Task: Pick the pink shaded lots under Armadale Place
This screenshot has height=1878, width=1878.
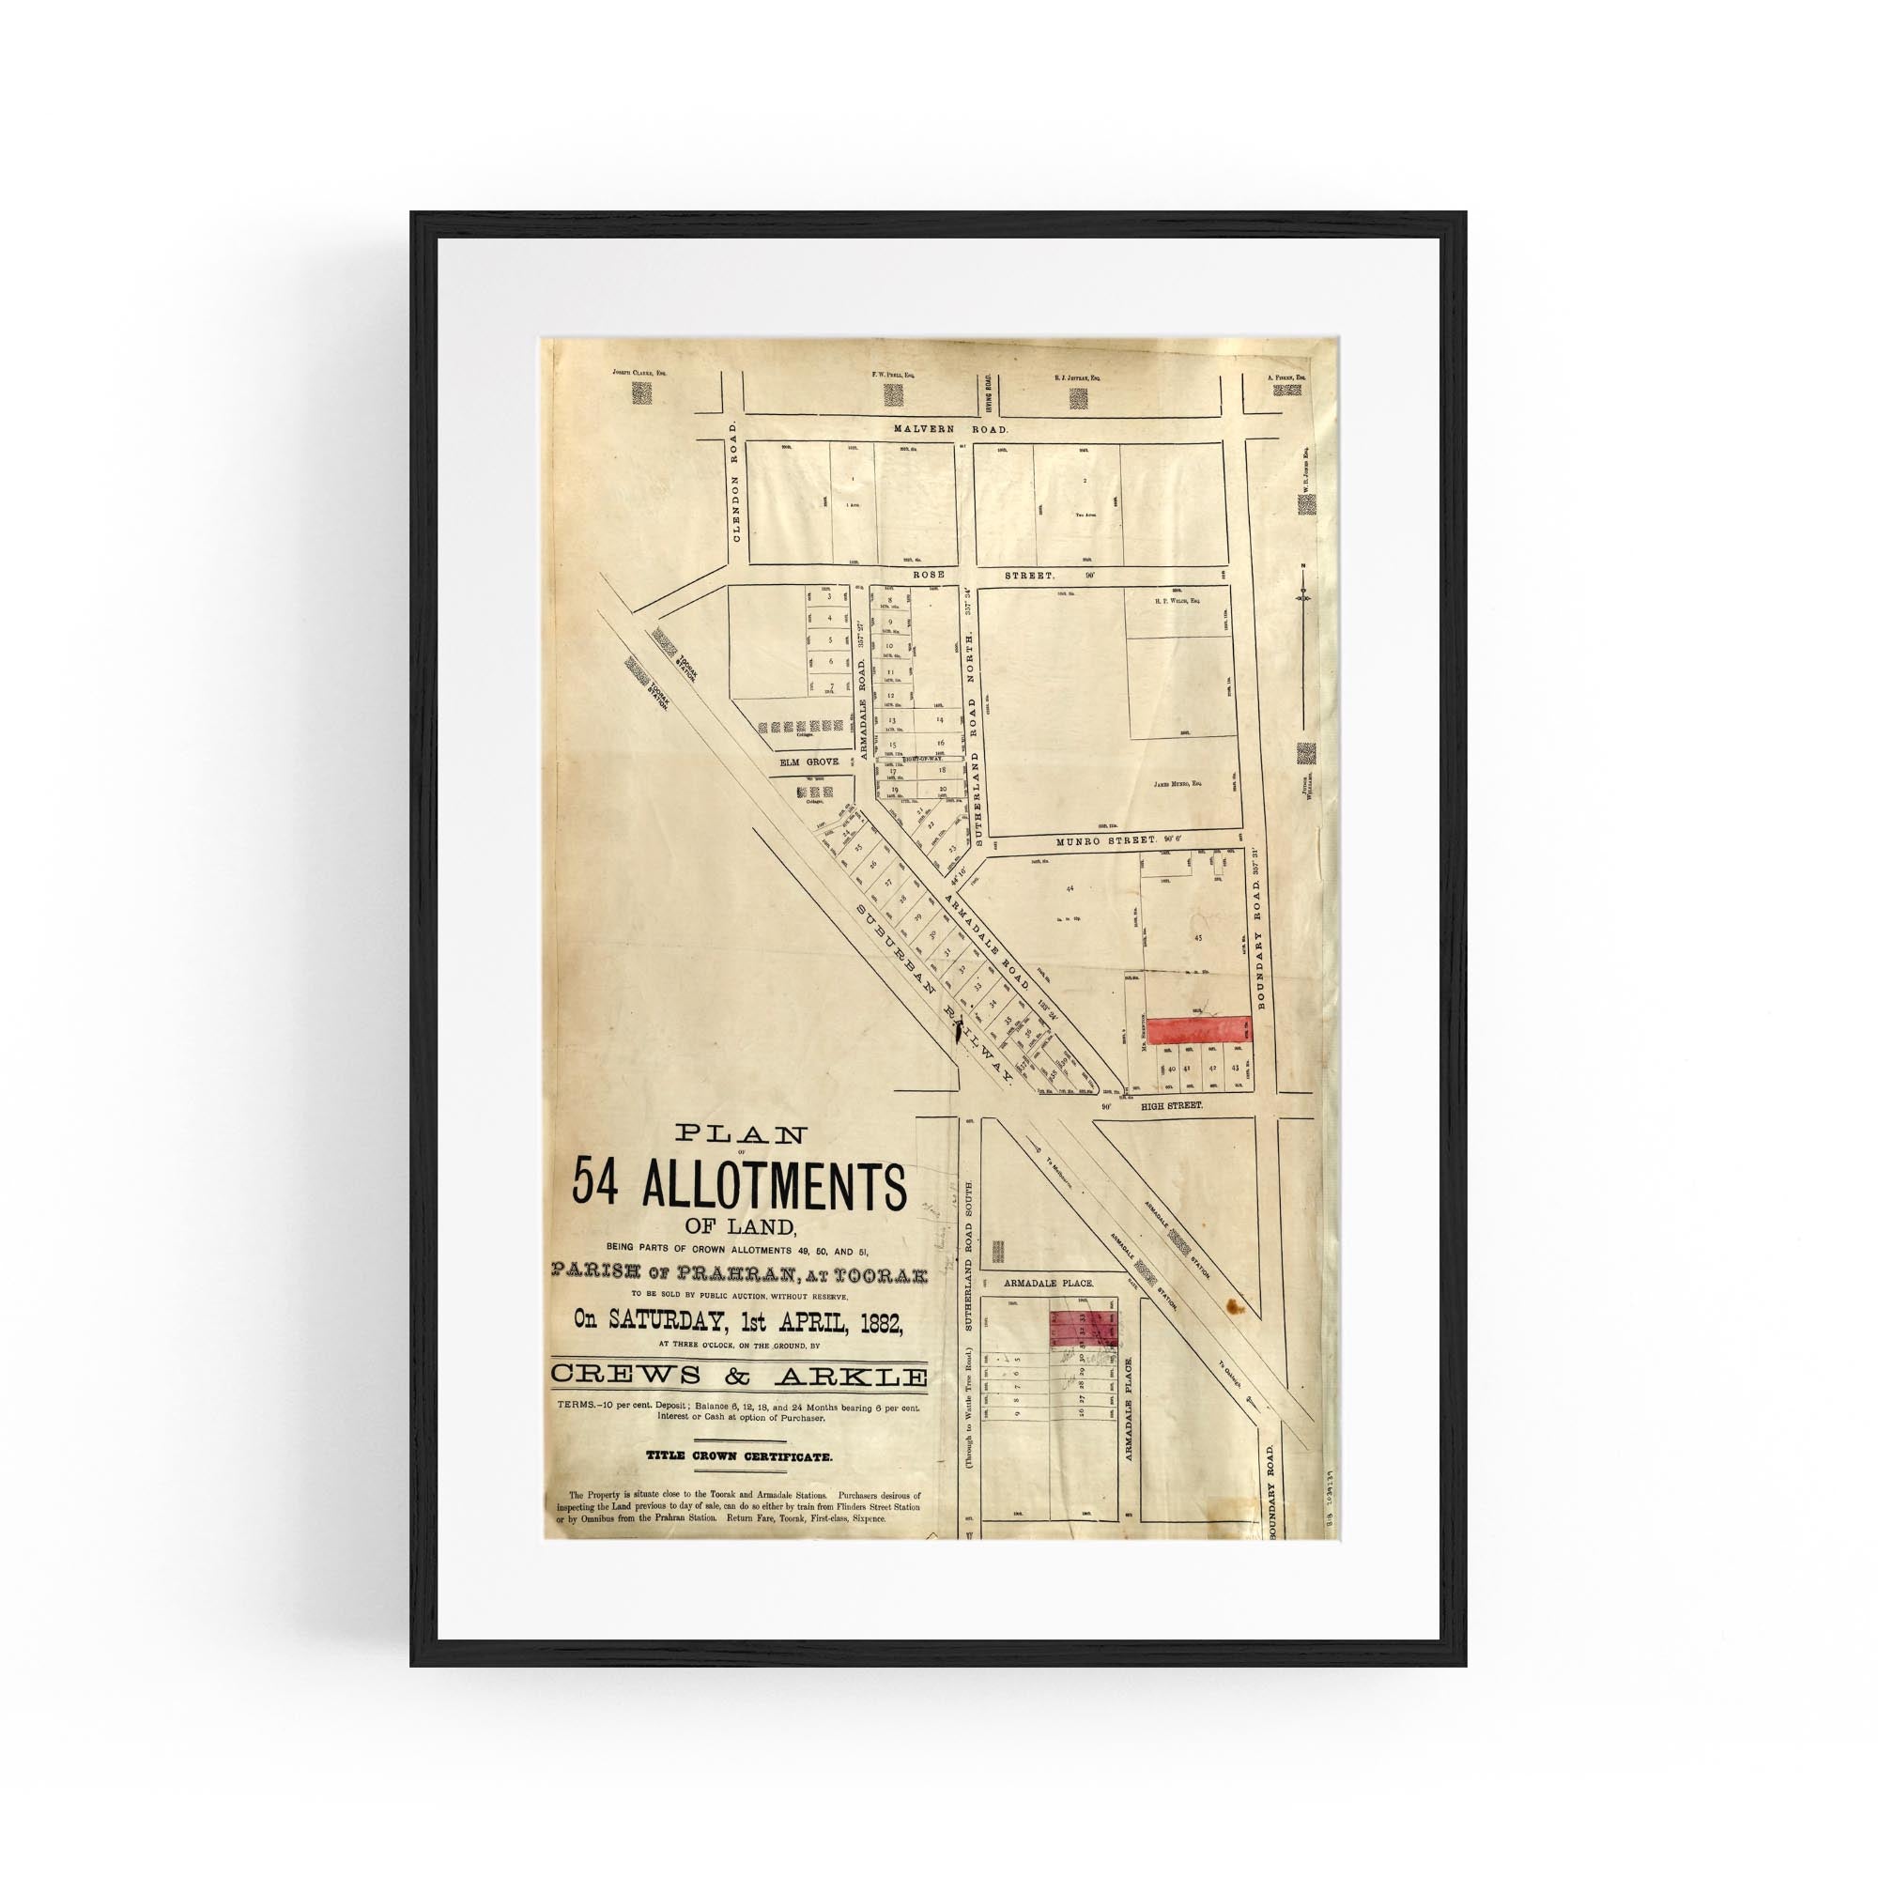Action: click(x=1084, y=1328)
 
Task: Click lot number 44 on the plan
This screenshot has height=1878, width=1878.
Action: click(x=1070, y=889)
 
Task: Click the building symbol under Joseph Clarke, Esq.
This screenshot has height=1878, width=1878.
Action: click(x=642, y=393)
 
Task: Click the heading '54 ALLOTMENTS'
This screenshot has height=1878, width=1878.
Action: click(x=739, y=1185)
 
